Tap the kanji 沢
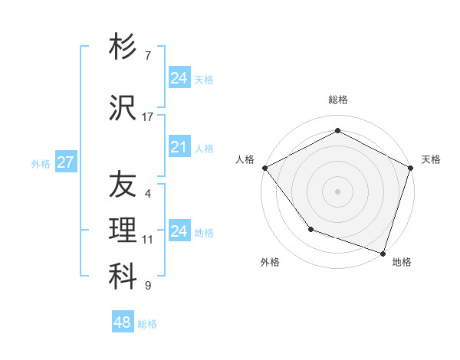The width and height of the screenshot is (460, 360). (123, 108)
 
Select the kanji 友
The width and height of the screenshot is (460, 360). (123, 185)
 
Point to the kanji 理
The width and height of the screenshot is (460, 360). (123, 231)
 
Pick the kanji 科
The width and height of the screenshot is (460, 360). (123, 277)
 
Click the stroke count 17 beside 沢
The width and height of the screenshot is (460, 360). (148, 117)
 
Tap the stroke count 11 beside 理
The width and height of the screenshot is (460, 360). (148, 240)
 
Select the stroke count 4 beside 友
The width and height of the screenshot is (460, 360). (148, 194)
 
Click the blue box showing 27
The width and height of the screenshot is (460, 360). (65, 162)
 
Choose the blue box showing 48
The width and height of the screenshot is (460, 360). (122, 322)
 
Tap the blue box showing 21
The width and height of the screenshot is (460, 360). (179, 147)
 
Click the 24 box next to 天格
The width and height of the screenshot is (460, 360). (179, 78)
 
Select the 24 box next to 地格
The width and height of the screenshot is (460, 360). (179, 231)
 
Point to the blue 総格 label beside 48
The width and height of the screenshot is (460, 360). (147, 324)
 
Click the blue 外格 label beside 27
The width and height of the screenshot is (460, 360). (41, 163)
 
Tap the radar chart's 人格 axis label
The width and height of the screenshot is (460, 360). (245, 159)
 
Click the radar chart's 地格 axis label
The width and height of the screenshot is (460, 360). (402, 262)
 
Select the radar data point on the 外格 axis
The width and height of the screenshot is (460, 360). (310, 228)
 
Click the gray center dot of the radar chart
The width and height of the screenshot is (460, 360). (337, 191)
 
